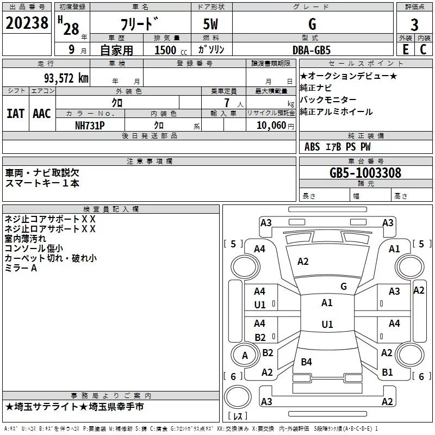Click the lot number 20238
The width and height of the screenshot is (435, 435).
(27, 23)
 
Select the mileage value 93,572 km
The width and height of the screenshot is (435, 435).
(66, 78)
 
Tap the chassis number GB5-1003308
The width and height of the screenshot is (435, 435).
(365, 173)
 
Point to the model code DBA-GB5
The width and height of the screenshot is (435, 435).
(312, 50)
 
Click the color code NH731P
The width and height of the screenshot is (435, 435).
(90, 126)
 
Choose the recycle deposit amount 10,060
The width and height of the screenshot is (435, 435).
(271, 126)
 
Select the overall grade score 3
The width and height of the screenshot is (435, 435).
(414, 25)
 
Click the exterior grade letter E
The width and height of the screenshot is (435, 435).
(406, 49)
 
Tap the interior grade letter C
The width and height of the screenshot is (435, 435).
(423, 49)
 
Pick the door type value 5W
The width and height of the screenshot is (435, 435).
(211, 24)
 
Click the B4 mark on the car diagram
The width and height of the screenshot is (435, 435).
(306, 362)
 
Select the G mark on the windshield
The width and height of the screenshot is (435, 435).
(344, 287)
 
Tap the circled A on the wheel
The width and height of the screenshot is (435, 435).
(245, 355)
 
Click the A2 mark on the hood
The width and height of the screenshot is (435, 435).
(303, 262)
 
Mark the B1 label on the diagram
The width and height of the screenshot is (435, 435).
(387, 372)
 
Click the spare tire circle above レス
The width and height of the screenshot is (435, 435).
(238, 397)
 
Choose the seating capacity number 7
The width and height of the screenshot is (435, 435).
(227, 103)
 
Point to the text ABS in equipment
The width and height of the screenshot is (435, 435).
(312, 147)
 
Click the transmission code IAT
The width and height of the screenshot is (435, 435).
(15, 114)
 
